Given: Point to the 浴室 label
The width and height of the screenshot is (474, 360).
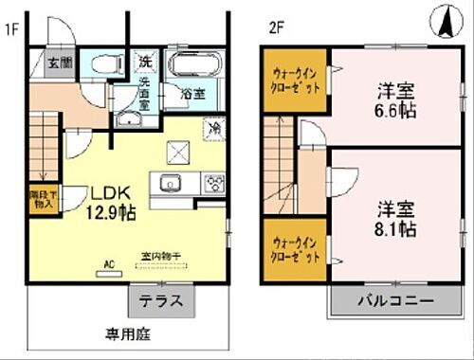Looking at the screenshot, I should pyautogui.click(x=192, y=95).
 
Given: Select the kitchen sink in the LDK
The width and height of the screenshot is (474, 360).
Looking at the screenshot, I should pyautogui.click(x=172, y=184).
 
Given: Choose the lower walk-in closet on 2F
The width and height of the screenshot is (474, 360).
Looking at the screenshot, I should pyautogui.click(x=292, y=250).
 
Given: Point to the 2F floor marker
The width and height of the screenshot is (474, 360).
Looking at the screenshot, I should pyautogui.click(x=275, y=27).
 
